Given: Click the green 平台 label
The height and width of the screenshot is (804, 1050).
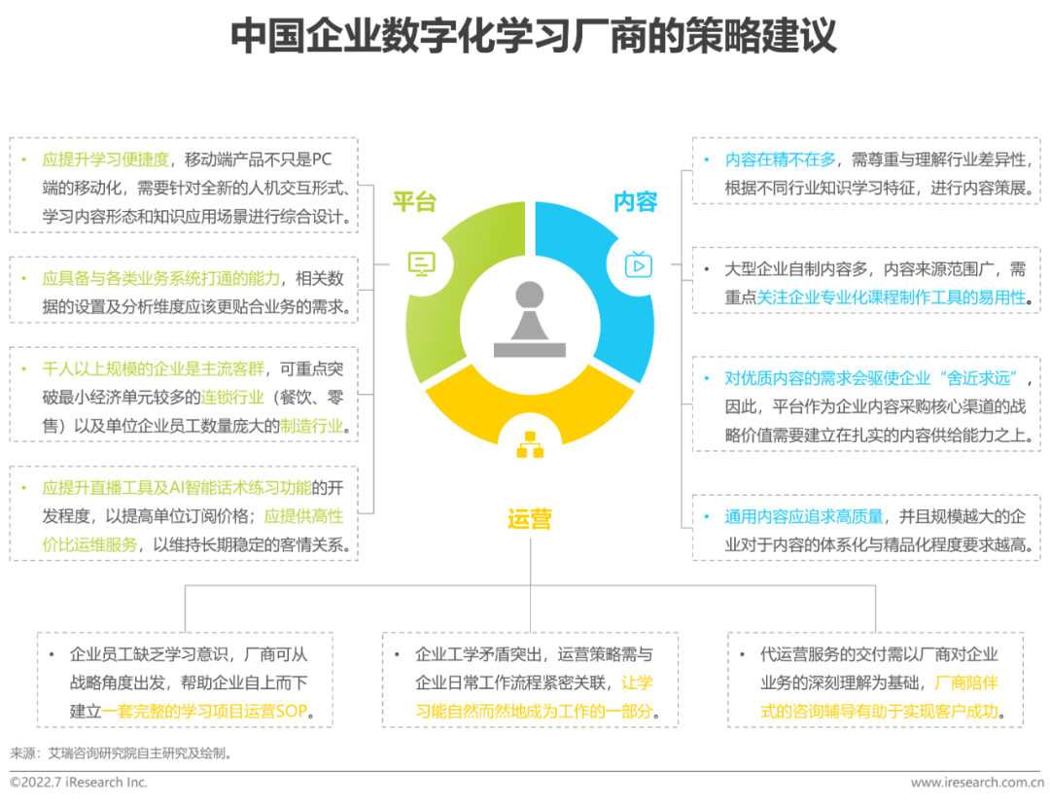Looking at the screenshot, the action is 413,201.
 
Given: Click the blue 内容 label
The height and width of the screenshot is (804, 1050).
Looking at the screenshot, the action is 636,201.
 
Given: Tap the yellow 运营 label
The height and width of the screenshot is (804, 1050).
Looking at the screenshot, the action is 529,519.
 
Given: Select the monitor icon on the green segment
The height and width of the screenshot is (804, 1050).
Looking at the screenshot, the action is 421,263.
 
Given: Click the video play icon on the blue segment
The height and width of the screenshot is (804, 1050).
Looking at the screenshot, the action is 638,263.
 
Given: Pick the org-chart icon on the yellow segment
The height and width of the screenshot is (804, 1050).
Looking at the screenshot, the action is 530,443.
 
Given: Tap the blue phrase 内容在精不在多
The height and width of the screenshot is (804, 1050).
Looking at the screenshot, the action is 781,159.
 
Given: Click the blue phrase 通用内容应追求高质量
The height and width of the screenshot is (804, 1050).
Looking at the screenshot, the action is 804,516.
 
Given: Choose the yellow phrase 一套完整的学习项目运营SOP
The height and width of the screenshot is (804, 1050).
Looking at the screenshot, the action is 207,711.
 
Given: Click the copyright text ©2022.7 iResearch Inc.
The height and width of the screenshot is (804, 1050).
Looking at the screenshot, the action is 79,782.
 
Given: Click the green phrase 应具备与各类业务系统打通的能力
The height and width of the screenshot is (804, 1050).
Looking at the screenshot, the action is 160,279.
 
